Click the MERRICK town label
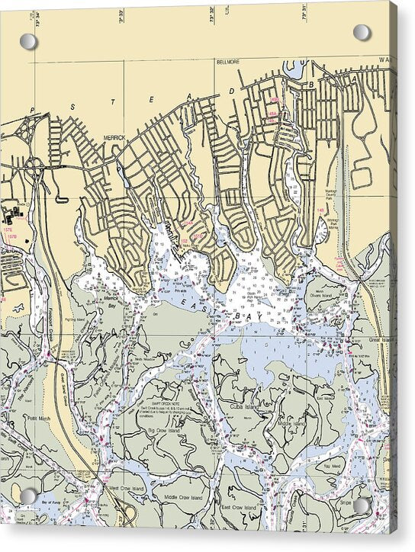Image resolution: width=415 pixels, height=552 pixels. (114, 138)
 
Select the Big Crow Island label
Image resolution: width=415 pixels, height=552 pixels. (161, 431)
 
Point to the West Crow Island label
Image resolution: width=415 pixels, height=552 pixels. (126, 488)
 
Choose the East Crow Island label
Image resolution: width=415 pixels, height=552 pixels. (238, 507)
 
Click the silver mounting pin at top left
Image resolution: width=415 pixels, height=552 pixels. (28, 41)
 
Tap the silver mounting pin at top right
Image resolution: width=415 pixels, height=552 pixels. (362, 33)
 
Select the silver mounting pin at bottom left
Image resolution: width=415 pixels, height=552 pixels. (28, 496)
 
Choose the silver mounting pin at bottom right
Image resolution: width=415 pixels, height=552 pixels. (362, 504)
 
